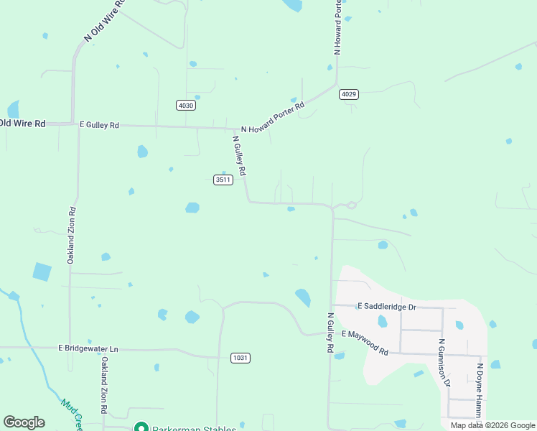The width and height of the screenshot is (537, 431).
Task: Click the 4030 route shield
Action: (x=185, y=106)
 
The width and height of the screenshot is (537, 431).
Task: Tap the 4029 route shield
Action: (x=349, y=94)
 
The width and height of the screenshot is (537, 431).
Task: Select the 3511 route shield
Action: (x=223, y=180)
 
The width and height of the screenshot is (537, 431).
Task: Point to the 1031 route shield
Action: (x=241, y=358)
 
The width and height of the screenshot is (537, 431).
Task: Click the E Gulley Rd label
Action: (x=99, y=125)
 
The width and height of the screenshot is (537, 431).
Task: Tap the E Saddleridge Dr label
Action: (x=386, y=307)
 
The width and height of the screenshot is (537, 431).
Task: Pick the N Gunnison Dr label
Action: (x=444, y=363)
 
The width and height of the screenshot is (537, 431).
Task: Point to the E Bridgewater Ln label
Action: (x=88, y=348)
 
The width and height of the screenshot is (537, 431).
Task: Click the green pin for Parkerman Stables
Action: (x=141, y=428)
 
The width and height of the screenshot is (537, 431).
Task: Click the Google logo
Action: (x=24, y=422)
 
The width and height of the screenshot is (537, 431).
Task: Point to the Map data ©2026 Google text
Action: (x=492, y=425)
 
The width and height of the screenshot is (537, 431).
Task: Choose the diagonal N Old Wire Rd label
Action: (x=104, y=20)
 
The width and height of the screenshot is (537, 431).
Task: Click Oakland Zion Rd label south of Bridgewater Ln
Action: (x=104, y=384)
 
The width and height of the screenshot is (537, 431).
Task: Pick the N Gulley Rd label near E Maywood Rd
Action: (x=331, y=333)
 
